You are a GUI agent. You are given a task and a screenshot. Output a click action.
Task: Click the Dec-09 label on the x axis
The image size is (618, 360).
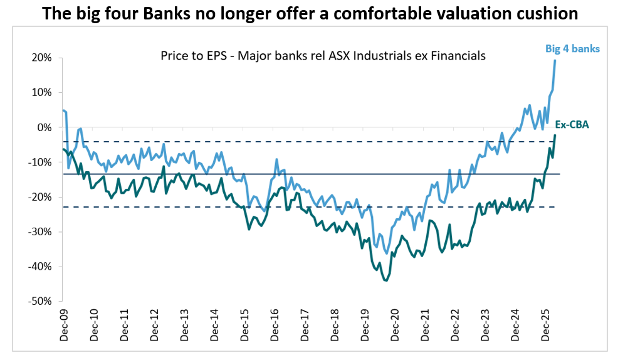click(x=64, y=326)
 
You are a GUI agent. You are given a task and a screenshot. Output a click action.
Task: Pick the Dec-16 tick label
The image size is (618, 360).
click(x=275, y=326)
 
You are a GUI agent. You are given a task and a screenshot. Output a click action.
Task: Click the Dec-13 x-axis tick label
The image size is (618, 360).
click(x=184, y=326)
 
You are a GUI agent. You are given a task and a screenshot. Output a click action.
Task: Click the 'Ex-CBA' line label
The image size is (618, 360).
click(x=572, y=125)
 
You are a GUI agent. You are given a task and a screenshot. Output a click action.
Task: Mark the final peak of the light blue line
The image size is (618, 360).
click(x=555, y=61)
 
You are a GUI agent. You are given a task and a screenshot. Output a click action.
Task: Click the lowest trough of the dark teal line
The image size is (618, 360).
click(x=386, y=280)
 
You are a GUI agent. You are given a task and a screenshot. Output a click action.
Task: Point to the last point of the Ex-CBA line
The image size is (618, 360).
click(x=555, y=135)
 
